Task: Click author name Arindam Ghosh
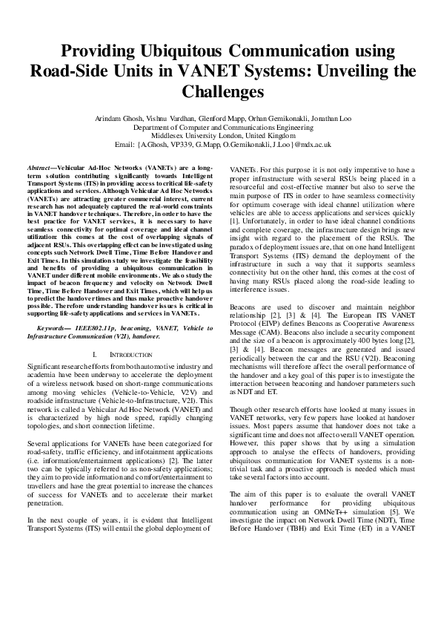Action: point(120,119)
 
